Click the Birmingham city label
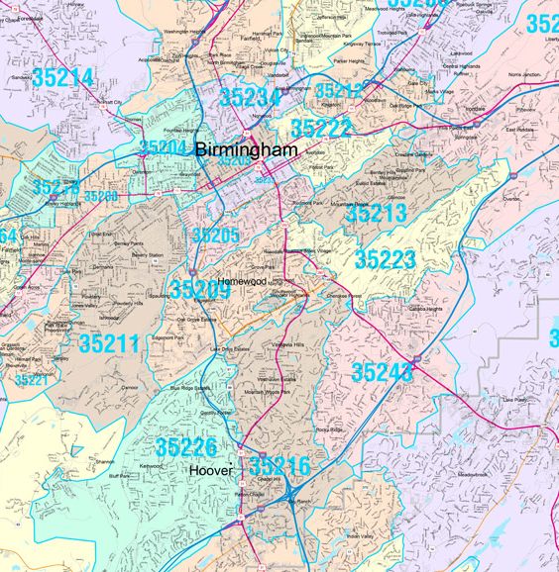click(x=247, y=149)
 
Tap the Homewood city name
click(x=242, y=280)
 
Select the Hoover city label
click(x=211, y=471)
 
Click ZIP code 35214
click(x=62, y=78)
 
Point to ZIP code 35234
click(x=250, y=96)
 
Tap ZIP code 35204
click(x=163, y=147)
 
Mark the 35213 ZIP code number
click(x=376, y=212)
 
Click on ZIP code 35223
click(x=386, y=259)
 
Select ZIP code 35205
click(x=216, y=235)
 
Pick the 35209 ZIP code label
click(x=199, y=290)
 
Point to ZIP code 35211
click(x=109, y=344)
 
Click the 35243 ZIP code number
click(x=382, y=372)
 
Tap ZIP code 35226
click(x=186, y=448)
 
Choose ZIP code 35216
click(x=279, y=465)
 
